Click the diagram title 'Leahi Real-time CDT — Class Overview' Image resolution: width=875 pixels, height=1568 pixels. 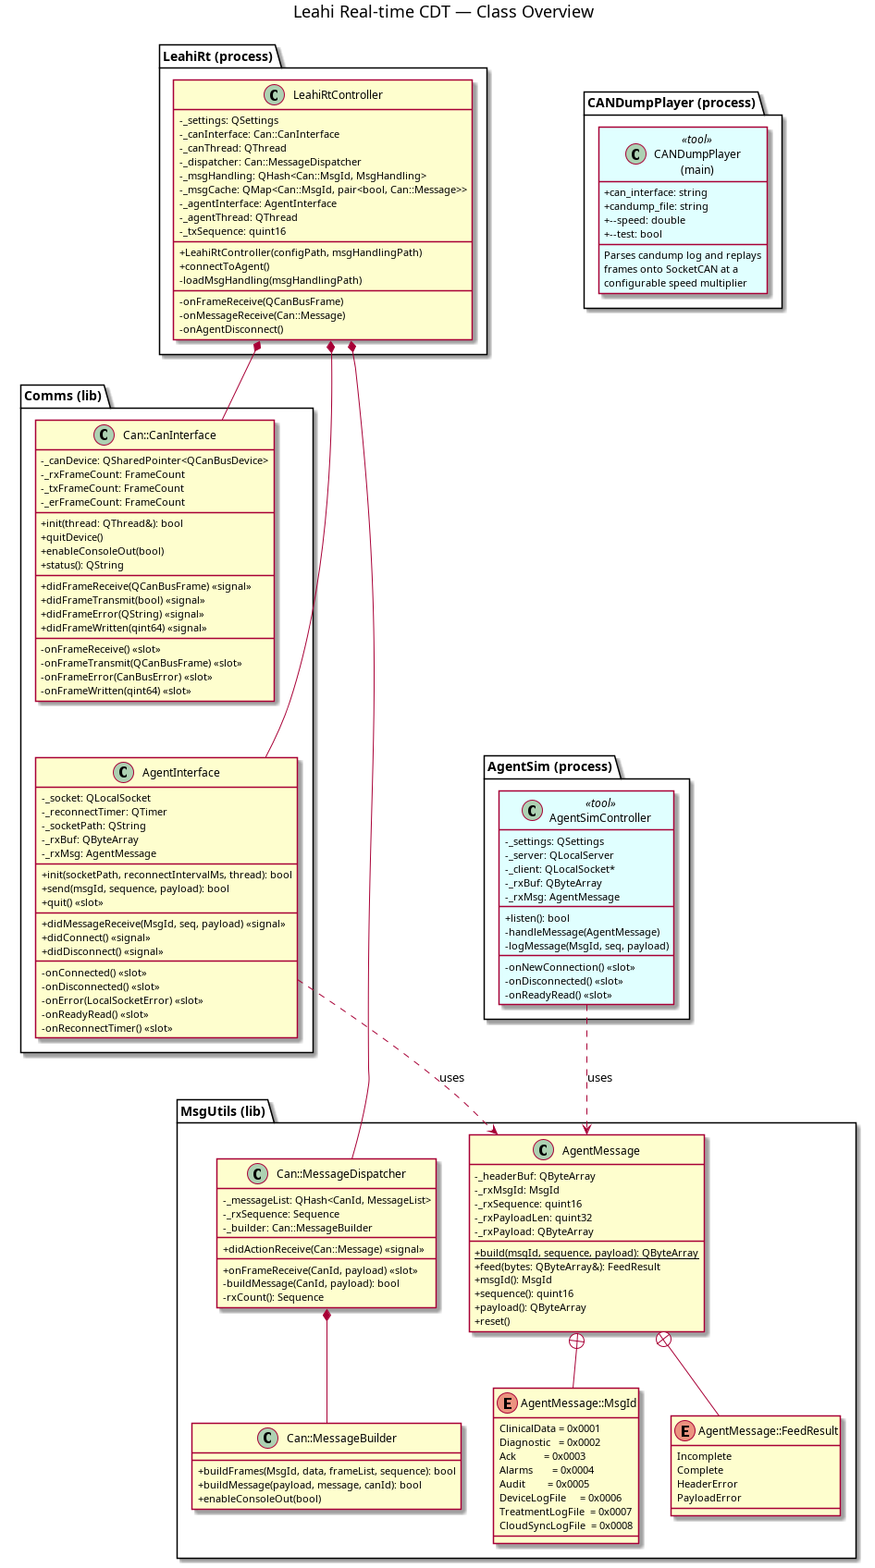coord(443,12)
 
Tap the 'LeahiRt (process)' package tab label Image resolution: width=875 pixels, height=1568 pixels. coord(217,56)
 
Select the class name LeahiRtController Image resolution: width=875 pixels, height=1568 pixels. coord(338,95)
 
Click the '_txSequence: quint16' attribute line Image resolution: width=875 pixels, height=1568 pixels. coord(232,232)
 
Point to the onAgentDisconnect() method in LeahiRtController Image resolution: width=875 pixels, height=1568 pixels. coord(231,330)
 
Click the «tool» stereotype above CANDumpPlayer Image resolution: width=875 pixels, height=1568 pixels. coord(696,140)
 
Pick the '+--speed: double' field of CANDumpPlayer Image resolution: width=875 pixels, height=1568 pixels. coord(645,220)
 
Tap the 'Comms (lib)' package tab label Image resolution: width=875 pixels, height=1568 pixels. coord(63,397)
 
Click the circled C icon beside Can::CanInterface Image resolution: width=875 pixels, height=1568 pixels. coord(104,435)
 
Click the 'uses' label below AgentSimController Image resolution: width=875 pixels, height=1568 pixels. coord(599,1078)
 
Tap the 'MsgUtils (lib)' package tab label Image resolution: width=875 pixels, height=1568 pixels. coord(223,1111)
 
